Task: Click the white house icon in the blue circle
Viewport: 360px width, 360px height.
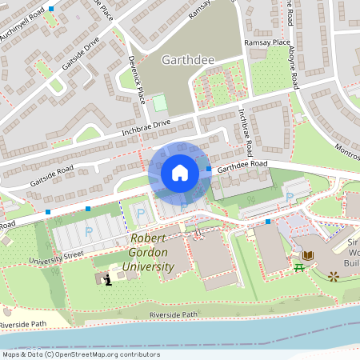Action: pyautogui.click(x=180, y=173)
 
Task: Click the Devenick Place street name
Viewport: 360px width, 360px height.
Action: pyautogui.click(x=137, y=79)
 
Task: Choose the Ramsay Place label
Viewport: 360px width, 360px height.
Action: pyautogui.click(x=269, y=42)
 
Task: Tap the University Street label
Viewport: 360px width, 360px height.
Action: pyautogui.click(x=57, y=257)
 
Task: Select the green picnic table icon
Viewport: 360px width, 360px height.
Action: pyautogui.click(x=298, y=265)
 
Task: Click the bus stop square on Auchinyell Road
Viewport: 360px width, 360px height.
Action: pyautogui.click(x=52, y=9)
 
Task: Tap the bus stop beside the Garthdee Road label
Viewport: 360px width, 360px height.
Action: pyautogui.click(x=209, y=169)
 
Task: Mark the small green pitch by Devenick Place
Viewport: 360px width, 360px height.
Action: pyautogui.click(x=160, y=103)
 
